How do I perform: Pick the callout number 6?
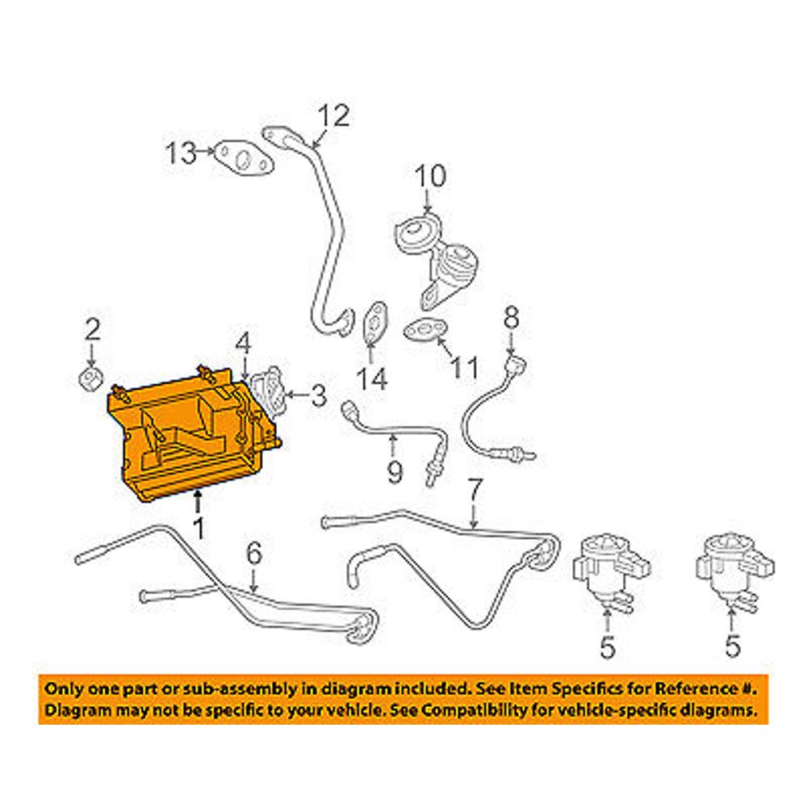pos(253,554)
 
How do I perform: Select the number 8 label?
pos(511,317)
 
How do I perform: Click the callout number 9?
pos(393,470)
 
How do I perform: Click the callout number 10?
pos(429,175)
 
